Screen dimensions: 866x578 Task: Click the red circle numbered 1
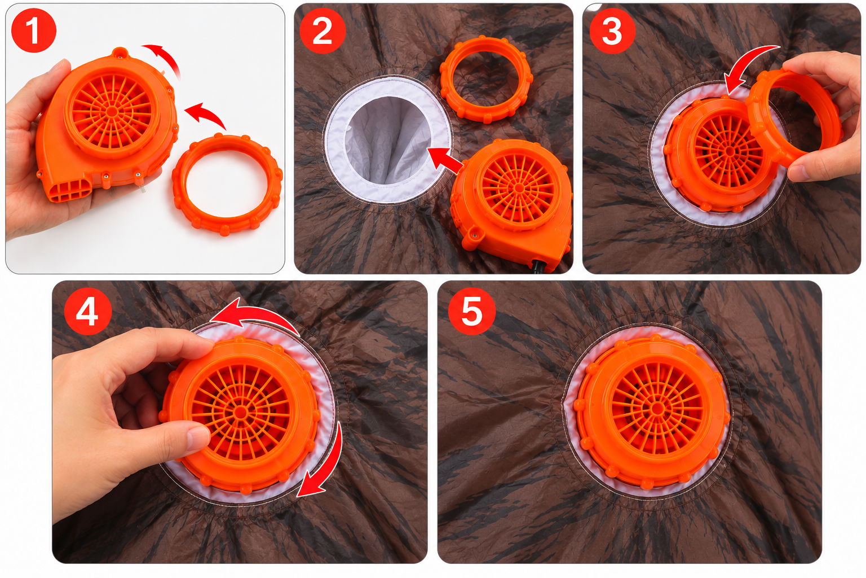[34, 30]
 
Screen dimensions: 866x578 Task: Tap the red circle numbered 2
[322, 30]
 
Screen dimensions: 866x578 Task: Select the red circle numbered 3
[612, 30]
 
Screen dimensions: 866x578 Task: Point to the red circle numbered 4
[88, 311]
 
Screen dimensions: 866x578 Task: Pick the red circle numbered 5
[472, 311]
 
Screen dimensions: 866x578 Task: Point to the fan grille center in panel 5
[657, 408]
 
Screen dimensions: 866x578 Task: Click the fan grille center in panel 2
[518, 188]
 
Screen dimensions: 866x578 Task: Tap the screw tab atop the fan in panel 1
[120, 51]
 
